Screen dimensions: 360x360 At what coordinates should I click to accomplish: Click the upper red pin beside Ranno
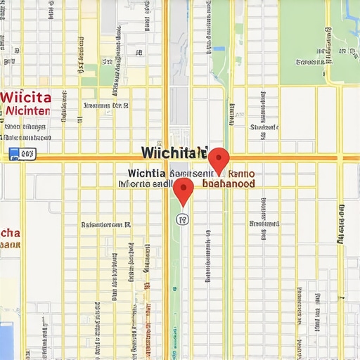coord(219,158)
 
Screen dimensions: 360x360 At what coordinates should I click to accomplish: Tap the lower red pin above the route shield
coord(184,188)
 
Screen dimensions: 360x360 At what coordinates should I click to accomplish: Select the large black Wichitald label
coord(174,153)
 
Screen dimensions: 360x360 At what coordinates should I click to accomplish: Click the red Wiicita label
coord(26,97)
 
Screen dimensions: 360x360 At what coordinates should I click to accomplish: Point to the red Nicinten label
coord(27,110)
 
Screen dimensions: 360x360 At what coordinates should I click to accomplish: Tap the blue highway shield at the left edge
coord(13,153)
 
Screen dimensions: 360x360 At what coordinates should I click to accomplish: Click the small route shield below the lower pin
coord(183,219)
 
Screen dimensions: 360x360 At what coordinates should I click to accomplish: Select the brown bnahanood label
coord(228,183)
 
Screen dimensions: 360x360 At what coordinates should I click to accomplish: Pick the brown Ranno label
coord(240,172)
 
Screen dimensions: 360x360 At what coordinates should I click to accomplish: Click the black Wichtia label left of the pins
coord(147,172)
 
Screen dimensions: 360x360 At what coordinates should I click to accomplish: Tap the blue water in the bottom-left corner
coord(6,341)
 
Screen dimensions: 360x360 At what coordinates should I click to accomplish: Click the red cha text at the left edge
coord(11,233)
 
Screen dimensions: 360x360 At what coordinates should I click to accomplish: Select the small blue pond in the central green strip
coord(219,49)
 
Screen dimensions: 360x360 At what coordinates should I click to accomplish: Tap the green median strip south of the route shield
coord(174,295)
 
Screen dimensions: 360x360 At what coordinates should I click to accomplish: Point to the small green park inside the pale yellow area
coord(106,74)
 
